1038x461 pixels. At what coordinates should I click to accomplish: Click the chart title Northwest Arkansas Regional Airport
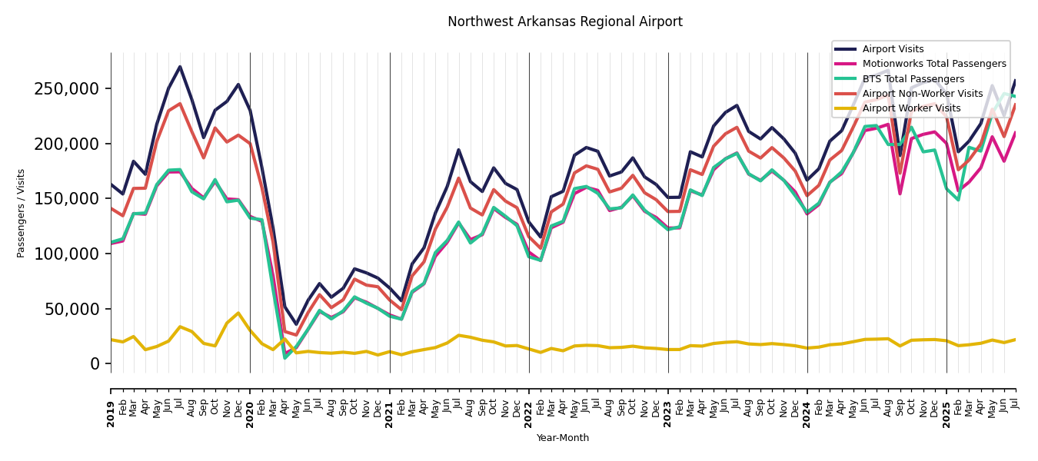pyautogui.click(x=564, y=22)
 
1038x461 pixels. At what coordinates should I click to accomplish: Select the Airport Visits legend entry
pyautogui.click(x=893, y=49)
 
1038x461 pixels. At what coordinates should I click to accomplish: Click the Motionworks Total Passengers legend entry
pyautogui.click(x=933, y=64)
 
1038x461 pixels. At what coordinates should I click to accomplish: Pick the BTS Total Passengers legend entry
pyautogui.click(x=913, y=79)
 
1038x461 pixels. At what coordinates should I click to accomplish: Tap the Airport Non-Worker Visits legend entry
pyautogui.click(x=922, y=94)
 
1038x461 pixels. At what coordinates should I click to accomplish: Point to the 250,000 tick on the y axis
pyautogui.click(x=67, y=89)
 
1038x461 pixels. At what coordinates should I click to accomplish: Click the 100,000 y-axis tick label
pyautogui.click(x=67, y=254)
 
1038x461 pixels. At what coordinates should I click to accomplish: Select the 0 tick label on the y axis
pyautogui.click(x=95, y=364)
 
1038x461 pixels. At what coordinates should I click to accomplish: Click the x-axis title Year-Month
pyautogui.click(x=563, y=438)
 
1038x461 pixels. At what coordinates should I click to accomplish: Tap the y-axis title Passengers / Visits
pyautogui.click(x=22, y=213)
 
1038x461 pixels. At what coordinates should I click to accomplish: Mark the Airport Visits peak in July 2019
pyautogui.click(x=180, y=67)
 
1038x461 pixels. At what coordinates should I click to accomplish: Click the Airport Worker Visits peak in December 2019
pyautogui.click(x=238, y=313)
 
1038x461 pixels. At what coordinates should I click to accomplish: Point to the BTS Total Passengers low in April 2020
pyautogui.click(x=284, y=357)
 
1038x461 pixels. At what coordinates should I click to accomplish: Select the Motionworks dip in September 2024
pyautogui.click(x=900, y=193)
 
